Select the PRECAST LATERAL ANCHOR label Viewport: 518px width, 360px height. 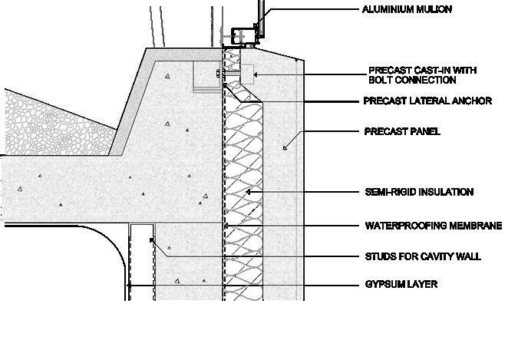(x=427, y=101)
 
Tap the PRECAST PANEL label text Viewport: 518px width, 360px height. (x=402, y=131)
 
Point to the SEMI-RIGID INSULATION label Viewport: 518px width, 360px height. (x=418, y=192)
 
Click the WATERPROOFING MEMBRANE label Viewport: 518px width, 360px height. (x=433, y=226)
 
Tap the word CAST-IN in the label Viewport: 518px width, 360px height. (x=424, y=70)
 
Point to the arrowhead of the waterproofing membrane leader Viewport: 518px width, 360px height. (x=226, y=226)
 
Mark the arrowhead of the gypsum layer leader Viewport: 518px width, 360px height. (x=129, y=284)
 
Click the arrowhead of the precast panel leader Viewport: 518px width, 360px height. (x=285, y=147)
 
